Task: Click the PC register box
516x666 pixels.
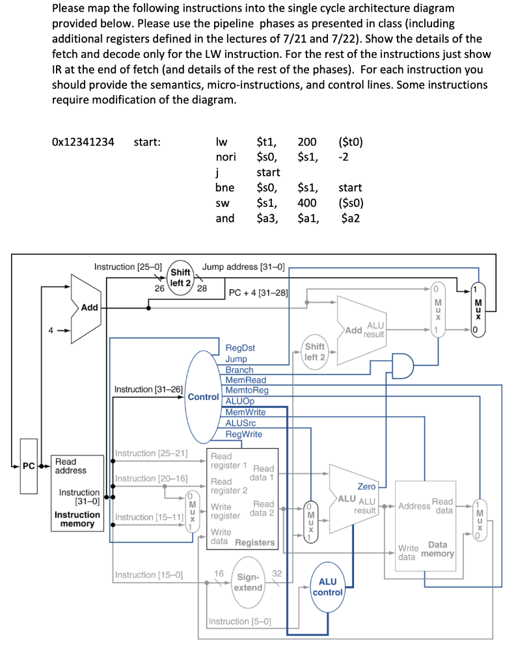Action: click(x=29, y=466)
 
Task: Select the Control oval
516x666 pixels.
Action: click(x=204, y=397)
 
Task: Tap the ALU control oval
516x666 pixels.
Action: click(x=328, y=587)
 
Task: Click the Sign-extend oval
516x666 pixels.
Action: click(x=248, y=582)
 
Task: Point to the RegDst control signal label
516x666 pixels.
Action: click(x=240, y=348)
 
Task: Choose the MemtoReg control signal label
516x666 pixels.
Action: click(x=247, y=390)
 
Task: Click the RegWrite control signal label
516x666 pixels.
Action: click(x=243, y=434)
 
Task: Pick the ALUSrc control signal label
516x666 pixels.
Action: click(x=241, y=423)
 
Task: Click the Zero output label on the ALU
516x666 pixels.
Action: click(x=366, y=486)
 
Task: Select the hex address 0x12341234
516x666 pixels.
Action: click(x=83, y=142)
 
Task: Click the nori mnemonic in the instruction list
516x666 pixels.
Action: click(x=226, y=157)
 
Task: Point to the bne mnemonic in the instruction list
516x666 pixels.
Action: click(x=225, y=188)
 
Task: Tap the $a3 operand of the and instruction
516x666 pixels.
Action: click(x=267, y=219)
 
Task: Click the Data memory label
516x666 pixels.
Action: click(x=437, y=549)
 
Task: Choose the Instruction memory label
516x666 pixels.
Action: click(x=77, y=519)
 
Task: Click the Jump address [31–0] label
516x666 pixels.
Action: click(x=243, y=267)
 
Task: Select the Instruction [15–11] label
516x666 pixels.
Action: click(x=149, y=517)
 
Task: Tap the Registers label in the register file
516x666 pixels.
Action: click(x=254, y=542)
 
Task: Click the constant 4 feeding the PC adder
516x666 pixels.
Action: click(x=51, y=330)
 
